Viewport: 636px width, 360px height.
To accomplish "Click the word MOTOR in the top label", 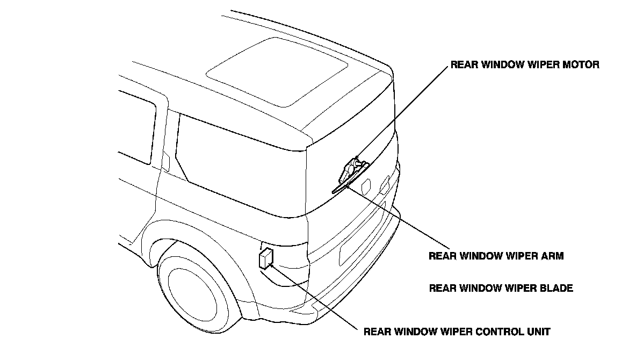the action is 581,64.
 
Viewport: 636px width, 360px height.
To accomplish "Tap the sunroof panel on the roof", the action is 277,72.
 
